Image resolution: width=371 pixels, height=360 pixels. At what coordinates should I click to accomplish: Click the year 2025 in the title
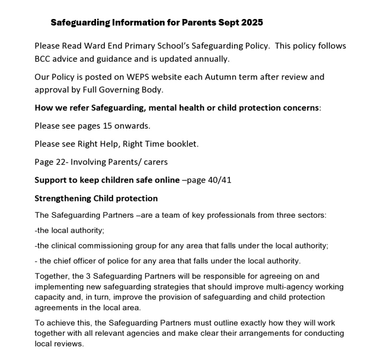pos(250,23)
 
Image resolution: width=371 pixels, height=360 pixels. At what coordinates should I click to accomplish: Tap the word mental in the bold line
pos(168,109)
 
